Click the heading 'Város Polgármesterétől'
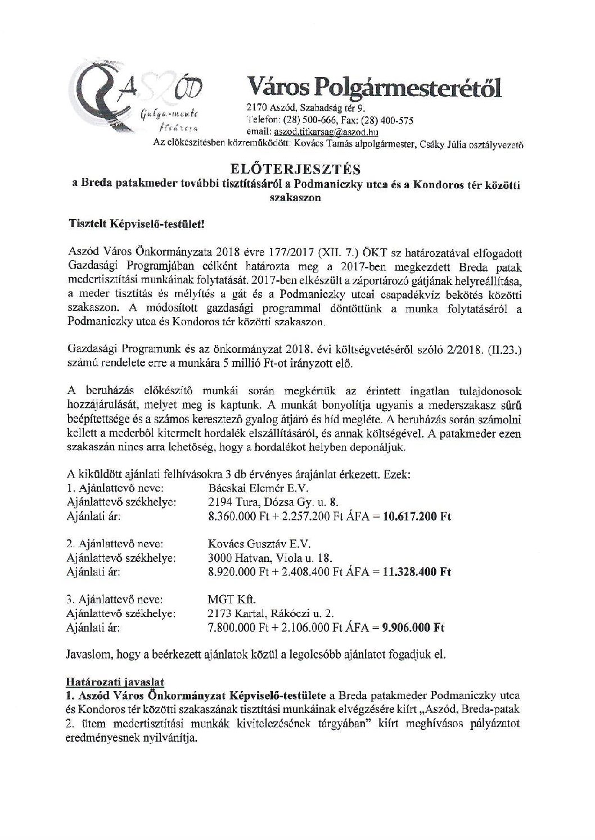click(373, 88)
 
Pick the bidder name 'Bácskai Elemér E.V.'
click(258, 488)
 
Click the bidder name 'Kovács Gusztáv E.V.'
click(259, 544)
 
